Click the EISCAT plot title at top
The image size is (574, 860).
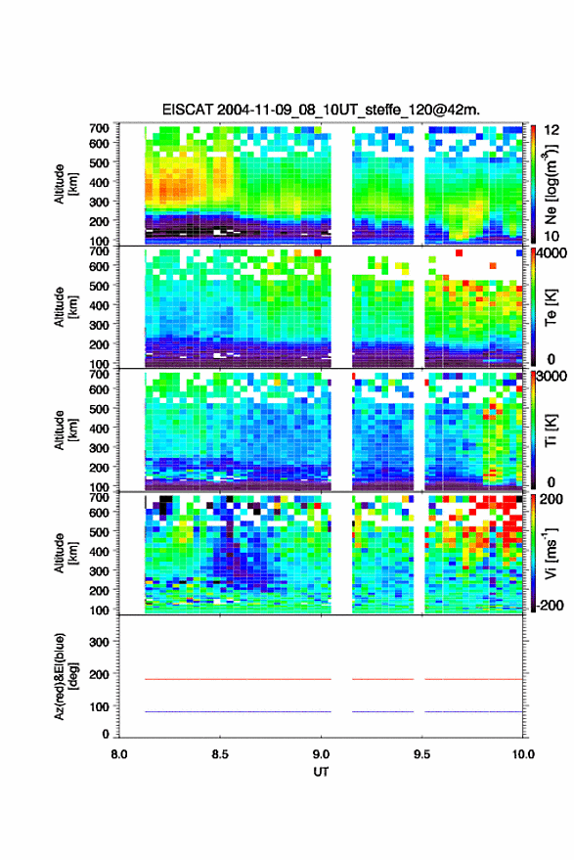click(x=321, y=110)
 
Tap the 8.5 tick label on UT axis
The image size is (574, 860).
click(x=220, y=754)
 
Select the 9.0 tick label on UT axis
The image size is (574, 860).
click(x=321, y=754)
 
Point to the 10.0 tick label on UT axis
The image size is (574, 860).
click(x=522, y=754)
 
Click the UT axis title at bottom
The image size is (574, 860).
click(x=321, y=772)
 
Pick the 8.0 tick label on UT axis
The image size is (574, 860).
click(x=119, y=754)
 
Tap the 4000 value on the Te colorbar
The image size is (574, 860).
click(x=552, y=254)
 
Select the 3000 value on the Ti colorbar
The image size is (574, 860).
click(x=552, y=377)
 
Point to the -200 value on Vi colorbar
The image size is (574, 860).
click(x=551, y=605)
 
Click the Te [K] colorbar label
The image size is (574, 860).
click(x=551, y=307)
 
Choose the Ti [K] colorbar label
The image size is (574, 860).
click(x=551, y=430)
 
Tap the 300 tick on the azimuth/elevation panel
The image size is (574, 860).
click(x=99, y=642)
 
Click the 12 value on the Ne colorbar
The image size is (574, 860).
click(x=552, y=130)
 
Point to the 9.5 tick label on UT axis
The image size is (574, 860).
click(x=421, y=754)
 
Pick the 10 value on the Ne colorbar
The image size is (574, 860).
click(x=552, y=237)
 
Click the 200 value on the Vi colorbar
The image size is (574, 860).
click(x=552, y=499)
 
